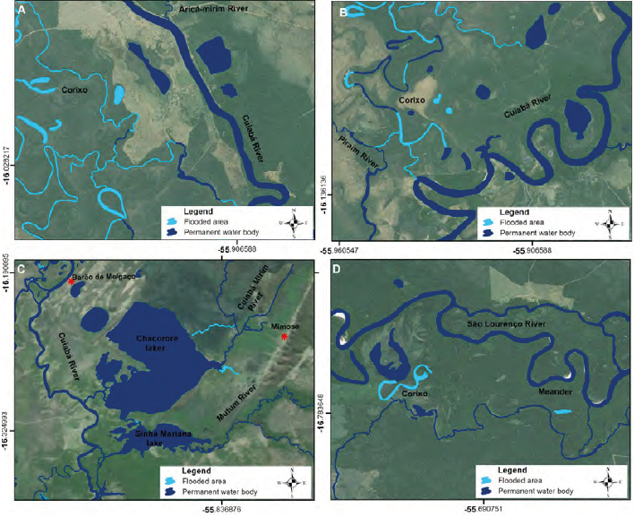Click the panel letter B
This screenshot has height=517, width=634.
[344, 11]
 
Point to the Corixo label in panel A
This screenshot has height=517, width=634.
[75, 90]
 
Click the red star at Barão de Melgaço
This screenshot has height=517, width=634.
[71, 280]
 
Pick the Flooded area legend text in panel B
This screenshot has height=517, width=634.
[526, 220]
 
